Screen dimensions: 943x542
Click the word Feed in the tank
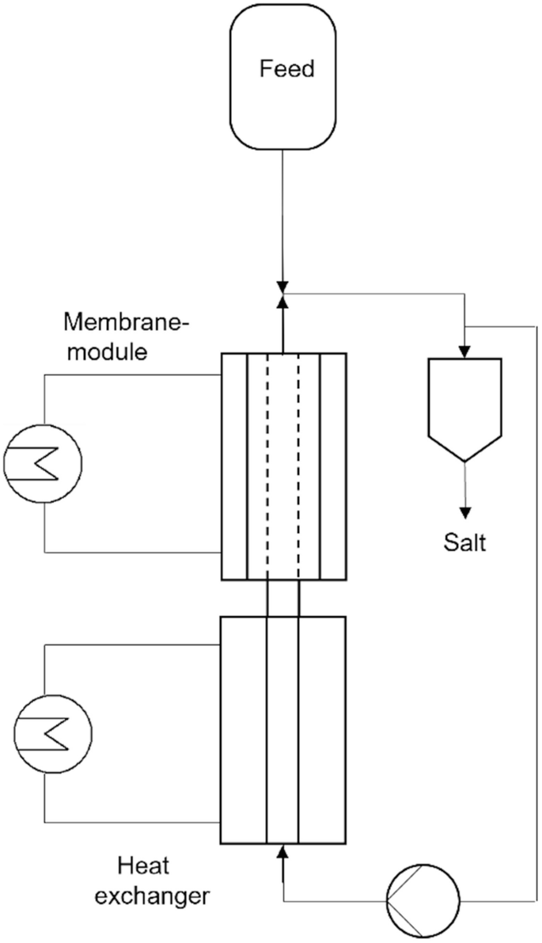click(x=286, y=69)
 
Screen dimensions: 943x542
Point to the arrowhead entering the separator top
click(x=465, y=351)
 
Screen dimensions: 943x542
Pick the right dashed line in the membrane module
click(x=299, y=467)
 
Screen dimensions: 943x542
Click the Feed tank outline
click(x=230, y=79)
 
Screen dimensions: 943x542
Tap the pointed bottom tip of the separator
click(x=465, y=460)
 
